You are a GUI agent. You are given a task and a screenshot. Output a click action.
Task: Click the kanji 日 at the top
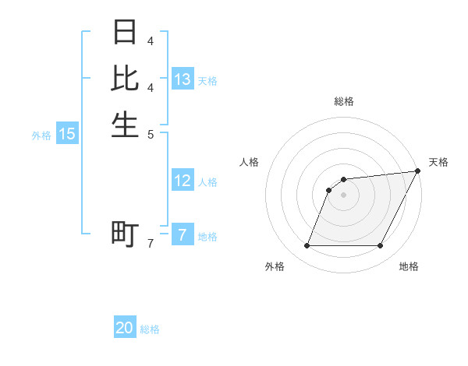click(125, 33)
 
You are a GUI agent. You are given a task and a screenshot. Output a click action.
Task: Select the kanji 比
click(125, 78)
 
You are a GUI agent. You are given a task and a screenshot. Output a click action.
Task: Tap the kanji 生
click(125, 125)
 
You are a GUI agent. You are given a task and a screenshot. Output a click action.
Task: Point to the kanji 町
click(125, 234)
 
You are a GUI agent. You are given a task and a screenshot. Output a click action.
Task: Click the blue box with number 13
click(183, 79)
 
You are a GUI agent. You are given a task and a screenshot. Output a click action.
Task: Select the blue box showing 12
click(183, 181)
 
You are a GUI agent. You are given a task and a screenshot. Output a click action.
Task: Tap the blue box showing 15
click(67, 134)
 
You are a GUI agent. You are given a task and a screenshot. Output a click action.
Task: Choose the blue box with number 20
click(125, 328)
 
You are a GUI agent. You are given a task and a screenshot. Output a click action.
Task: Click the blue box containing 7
click(183, 234)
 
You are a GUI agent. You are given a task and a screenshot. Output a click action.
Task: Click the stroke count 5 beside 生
click(151, 134)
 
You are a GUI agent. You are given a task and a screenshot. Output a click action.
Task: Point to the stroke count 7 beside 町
click(151, 245)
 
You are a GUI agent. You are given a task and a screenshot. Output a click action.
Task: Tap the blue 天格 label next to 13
click(207, 80)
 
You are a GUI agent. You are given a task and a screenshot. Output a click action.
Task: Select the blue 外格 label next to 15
click(41, 135)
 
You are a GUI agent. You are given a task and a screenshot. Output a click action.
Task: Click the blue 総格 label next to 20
click(150, 329)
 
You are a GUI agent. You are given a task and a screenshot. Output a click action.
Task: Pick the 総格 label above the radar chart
click(344, 101)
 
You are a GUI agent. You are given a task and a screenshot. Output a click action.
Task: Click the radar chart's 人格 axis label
click(250, 162)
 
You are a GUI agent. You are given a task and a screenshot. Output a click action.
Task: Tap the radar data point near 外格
click(307, 246)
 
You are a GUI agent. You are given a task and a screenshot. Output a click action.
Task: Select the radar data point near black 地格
click(380, 246)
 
